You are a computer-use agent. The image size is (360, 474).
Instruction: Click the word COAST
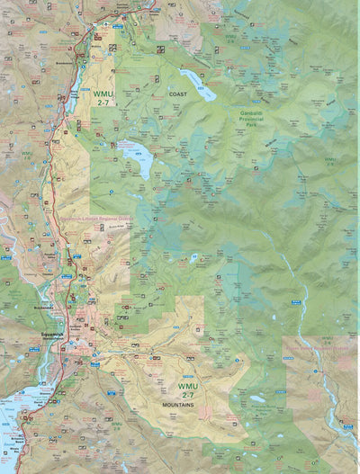coord(178,94)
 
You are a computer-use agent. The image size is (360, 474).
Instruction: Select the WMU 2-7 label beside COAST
coord(101,96)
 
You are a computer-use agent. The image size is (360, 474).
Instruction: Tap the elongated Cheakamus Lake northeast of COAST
coord(198,85)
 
